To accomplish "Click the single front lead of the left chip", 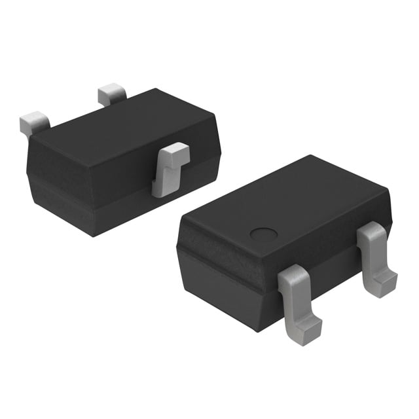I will (x=168, y=170).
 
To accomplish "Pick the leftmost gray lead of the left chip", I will (x=34, y=122).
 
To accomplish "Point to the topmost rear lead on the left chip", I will (x=111, y=94).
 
